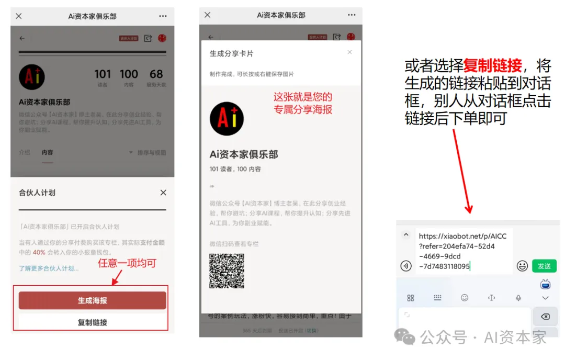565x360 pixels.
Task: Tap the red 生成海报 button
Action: pos(92,300)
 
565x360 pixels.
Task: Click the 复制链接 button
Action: pos(92,322)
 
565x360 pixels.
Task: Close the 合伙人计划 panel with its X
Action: pos(163,193)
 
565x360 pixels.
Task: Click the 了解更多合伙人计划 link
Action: pos(49,268)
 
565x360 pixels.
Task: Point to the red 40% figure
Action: pos(39,252)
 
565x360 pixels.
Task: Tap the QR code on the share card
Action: pos(227,271)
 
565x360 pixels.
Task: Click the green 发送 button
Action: pos(544,266)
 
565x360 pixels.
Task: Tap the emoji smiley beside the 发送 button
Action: pos(522,266)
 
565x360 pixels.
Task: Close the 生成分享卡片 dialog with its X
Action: pos(349,52)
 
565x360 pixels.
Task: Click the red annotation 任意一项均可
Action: pos(127,263)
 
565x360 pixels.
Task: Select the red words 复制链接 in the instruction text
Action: pos(492,66)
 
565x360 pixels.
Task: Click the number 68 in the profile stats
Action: pos(156,74)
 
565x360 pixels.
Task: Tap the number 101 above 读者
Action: pos(103,74)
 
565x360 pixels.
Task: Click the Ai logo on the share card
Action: pos(227,119)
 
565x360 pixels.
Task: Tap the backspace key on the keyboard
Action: pos(545,317)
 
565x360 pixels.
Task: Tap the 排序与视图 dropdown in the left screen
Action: pos(148,153)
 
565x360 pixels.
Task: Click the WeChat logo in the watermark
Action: pos(405,336)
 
